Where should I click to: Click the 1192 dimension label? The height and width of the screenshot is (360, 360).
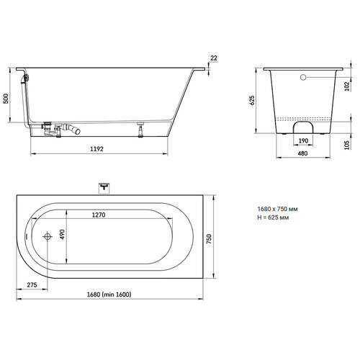coord(96,149)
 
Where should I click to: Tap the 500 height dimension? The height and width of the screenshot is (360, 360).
coord(6,99)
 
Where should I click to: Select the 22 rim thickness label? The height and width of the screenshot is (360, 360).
coord(214,58)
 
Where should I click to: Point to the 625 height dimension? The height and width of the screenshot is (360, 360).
coord(252,100)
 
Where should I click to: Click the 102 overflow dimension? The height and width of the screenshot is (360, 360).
coord(347,86)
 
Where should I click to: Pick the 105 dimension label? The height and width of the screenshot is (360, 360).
coord(347,145)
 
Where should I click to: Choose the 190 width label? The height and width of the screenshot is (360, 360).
coord(303,141)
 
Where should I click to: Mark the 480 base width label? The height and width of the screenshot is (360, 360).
coord(302,153)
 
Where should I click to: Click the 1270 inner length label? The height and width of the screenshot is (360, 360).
coord(99,215)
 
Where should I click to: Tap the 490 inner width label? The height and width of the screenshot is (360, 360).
coord(62,235)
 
